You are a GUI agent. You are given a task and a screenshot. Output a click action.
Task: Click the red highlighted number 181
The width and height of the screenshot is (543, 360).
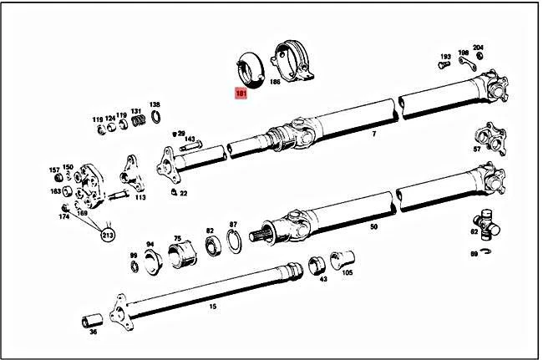coord(241,94)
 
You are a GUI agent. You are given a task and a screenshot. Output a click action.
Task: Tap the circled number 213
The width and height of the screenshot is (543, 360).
coord(108,236)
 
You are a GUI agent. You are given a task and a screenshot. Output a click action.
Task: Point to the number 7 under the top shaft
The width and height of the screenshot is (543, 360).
coord(373,134)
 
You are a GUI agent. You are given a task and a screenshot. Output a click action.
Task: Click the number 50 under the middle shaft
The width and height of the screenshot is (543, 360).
coord(373,226)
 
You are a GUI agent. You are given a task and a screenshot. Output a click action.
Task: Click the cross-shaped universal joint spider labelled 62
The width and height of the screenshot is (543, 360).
coord(485,224)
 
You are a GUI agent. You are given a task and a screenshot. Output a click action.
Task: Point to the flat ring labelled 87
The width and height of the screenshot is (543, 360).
coord(236,242)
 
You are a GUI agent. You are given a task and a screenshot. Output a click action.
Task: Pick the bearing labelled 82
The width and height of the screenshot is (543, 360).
coord(211,243)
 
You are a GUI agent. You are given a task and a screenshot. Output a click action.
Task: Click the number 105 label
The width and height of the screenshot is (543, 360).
coord(348,272)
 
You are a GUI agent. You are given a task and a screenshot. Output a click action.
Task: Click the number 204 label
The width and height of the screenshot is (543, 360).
coord(478,48)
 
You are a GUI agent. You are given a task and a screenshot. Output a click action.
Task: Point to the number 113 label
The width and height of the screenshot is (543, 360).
coord(140,198)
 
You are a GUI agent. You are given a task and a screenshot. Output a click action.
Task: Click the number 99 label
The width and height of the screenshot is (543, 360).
coord(133,255)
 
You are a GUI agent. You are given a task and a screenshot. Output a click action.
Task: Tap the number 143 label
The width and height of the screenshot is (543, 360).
coord(190,139)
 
